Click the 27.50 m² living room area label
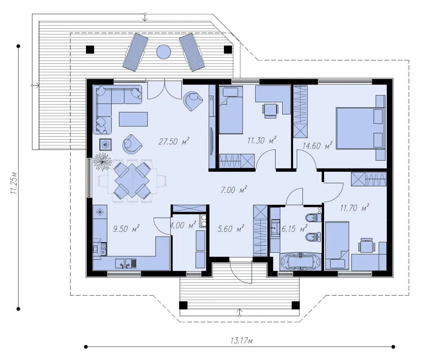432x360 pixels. click(x=174, y=141)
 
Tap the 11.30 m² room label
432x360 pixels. click(x=262, y=140)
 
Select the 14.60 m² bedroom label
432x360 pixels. click(x=318, y=145)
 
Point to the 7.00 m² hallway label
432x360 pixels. click(x=234, y=190)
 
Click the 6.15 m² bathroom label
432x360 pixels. click(x=294, y=229)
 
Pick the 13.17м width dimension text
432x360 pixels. click(x=242, y=340)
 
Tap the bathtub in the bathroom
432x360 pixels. click(x=300, y=261)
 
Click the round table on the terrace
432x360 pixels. click(x=163, y=52)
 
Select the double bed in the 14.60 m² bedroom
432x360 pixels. click(x=360, y=128)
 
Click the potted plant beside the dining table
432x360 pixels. click(x=102, y=162)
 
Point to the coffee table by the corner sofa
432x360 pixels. click(x=133, y=119)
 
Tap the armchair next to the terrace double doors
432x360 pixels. click(x=193, y=101)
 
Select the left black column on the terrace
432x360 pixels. click(x=90, y=50)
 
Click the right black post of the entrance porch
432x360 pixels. click(x=296, y=305)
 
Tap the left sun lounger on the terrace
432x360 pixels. click(x=135, y=52)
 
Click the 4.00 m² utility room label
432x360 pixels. click(x=183, y=225)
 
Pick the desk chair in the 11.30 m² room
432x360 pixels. click(x=270, y=111)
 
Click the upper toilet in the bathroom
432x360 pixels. click(x=313, y=218)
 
